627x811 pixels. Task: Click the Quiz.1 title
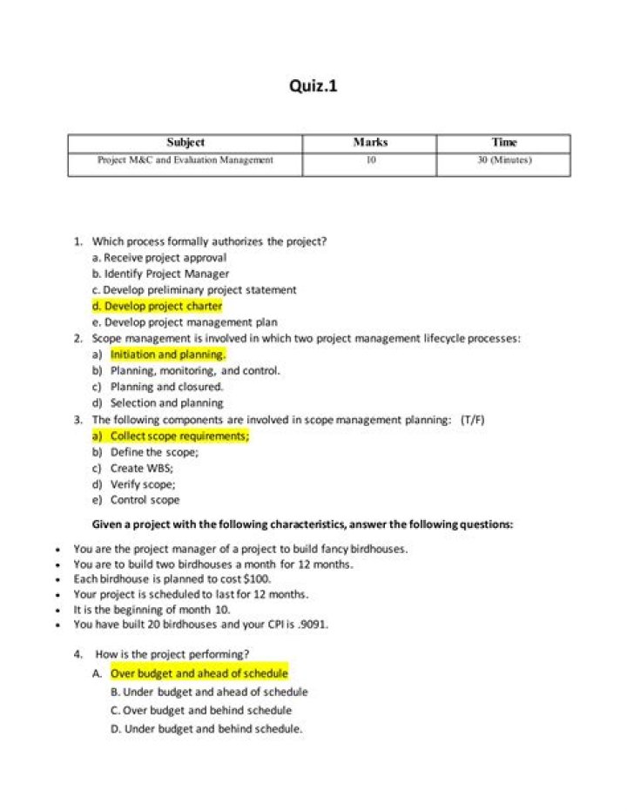point(313,86)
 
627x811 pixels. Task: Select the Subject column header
point(185,143)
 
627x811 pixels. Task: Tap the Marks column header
point(370,143)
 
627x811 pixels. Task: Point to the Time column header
point(504,143)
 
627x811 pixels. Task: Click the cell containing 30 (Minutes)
point(504,160)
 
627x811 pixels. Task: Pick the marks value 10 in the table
point(370,160)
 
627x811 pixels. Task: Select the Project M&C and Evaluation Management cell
point(185,160)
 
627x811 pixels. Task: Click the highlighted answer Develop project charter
point(158,307)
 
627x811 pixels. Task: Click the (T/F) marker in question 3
point(473,420)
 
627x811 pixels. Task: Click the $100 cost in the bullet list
point(257,578)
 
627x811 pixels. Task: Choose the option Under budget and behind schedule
point(213,728)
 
